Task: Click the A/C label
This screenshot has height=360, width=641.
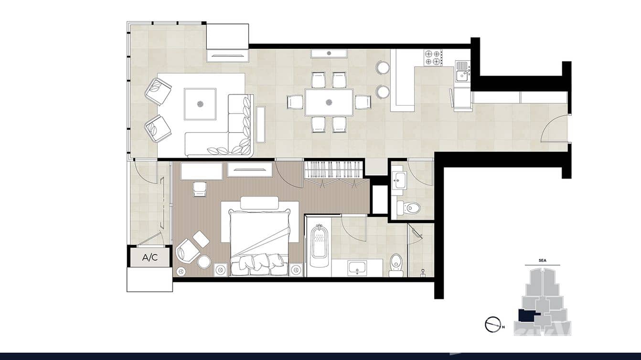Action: coord(150,258)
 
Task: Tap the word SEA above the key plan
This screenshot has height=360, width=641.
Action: coord(542,261)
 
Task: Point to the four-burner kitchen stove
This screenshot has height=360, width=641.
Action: coord(433,58)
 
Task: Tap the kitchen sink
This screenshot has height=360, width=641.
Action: coord(461,74)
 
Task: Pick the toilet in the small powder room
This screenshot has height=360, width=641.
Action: coord(408,208)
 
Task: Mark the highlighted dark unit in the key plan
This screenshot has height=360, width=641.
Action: coord(527,316)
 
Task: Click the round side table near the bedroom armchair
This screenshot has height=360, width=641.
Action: coord(204,261)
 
